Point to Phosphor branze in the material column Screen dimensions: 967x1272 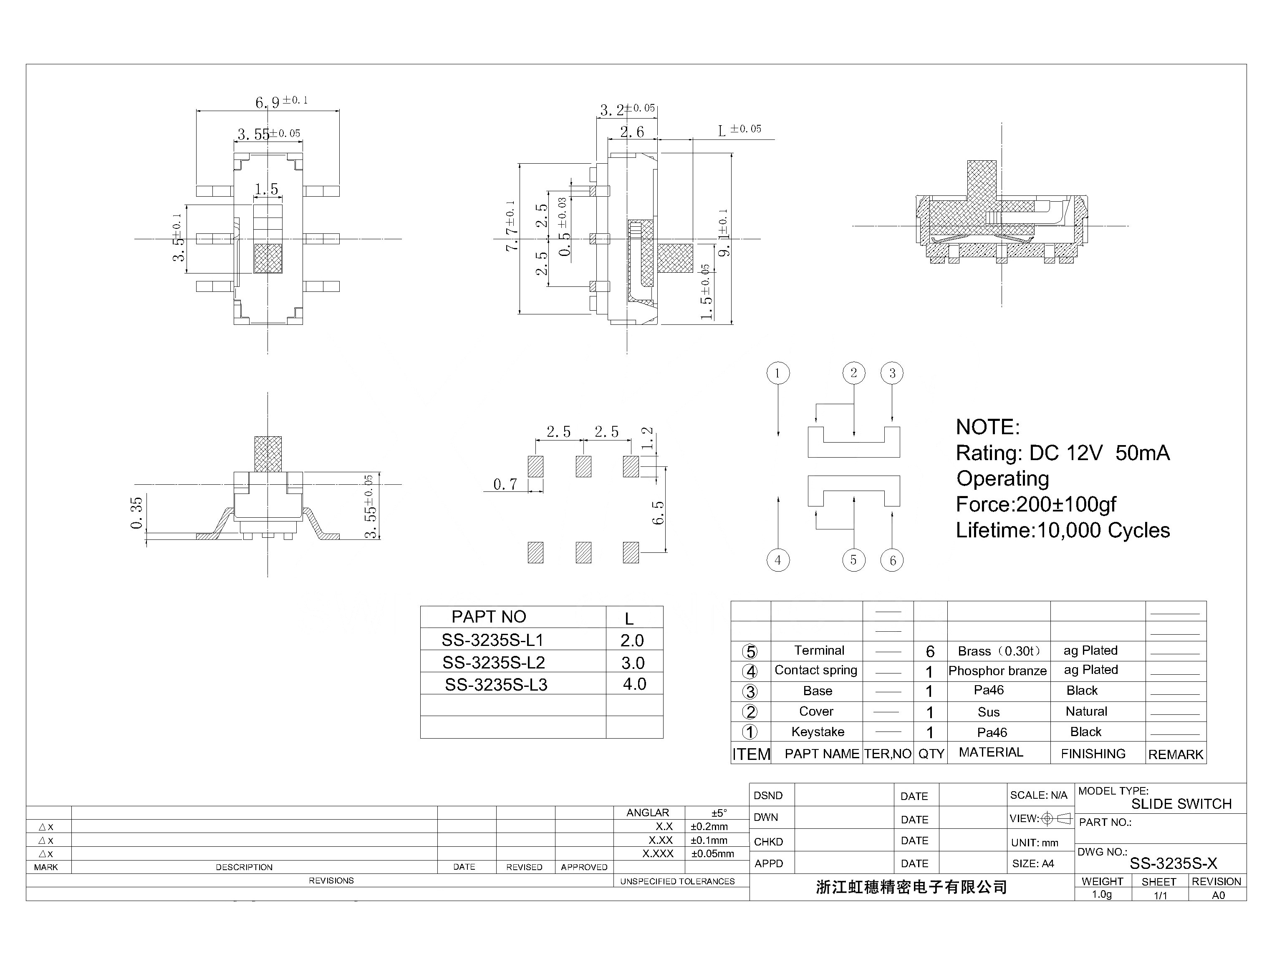pyautogui.click(x=997, y=671)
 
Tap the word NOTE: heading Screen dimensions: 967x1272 pyautogui.click(x=987, y=427)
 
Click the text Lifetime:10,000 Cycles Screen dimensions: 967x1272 pyautogui.click(x=1062, y=530)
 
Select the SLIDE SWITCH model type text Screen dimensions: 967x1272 pyautogui.click(x=1181, y=804)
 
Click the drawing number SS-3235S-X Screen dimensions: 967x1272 pyautogui.click(x=1173, y=863)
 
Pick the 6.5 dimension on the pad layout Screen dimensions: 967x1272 pyautogui.click(x=658, y=512)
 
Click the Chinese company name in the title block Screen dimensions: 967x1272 pyautogui.click(x=911, y=887)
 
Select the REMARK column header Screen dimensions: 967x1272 pyautogui.click(x=1175, y=754)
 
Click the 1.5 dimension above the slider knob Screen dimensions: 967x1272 pyautogui.click(x=266, y=189)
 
